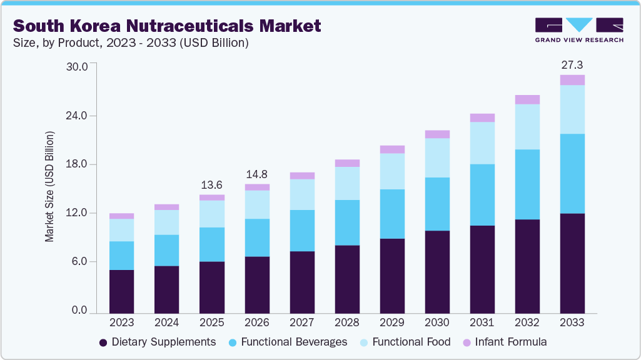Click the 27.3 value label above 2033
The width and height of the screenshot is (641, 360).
point(572,65)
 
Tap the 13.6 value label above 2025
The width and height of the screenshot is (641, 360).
point(211,185)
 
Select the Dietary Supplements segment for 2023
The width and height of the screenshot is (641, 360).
point(121,291)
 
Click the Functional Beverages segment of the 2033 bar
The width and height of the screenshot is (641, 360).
point(572,174)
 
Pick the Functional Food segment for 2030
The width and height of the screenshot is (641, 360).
point(437,157)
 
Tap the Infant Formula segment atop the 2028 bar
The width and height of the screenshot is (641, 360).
point(346,163)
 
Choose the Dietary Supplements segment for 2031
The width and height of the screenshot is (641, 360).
point(482,269)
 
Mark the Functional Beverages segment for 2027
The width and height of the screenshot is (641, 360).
point(301,231)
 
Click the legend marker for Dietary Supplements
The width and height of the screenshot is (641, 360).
point(103,342)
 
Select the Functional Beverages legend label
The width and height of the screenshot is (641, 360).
point(293,342)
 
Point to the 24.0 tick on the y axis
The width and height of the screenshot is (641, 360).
point(83,116)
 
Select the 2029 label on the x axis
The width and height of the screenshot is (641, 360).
point(391,322)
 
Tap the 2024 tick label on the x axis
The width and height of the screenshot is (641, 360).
point(166,322)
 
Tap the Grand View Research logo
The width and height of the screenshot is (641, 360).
point(579,30)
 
